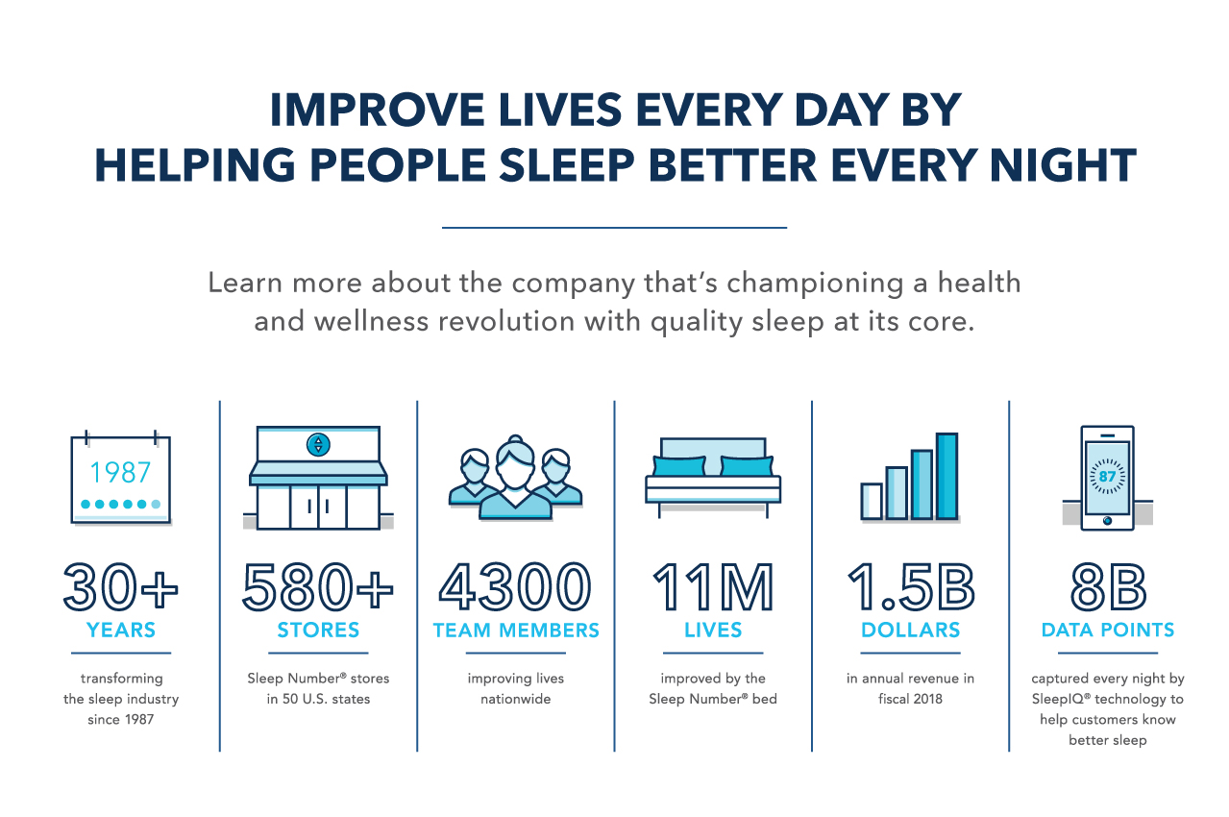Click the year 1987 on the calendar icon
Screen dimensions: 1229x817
pyautogui.click(x=120, y=472)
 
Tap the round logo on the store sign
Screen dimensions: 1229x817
pyautogui.click(x=318, y=444)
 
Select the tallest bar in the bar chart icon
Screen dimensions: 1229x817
pyautogui.click(x=947, y=476)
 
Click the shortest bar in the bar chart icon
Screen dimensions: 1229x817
pyautogui.click(x=872, y=501)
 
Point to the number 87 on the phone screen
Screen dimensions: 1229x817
pyautogui.click(x=1107, y=476)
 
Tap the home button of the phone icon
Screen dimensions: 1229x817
pyautogui.click(x=1107, y=521)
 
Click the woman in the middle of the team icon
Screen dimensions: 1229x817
pyautogui.click(x=515, y=479)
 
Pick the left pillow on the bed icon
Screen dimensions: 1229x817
pyautogui.click(x=678, y=466)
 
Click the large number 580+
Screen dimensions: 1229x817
pyautogui.click(x=318, y=586)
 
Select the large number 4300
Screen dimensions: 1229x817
pyautogui.click(x=515, y=586)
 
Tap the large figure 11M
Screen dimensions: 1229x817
pyautogui.click(x=713, y=586)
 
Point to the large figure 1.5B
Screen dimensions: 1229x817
pyautogui.click(x=911, y=586)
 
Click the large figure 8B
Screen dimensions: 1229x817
pyautogui.click(x=1108, y=586)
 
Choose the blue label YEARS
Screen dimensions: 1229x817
pyautogui.click(x=121, y=630)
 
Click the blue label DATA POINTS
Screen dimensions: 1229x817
pyautogui.click(x=1108, y=630)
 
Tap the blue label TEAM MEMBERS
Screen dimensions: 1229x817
pyautogui.click(x=516, y=631)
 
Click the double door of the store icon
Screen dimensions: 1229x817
pyautogui.click(x=318, y=507)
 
